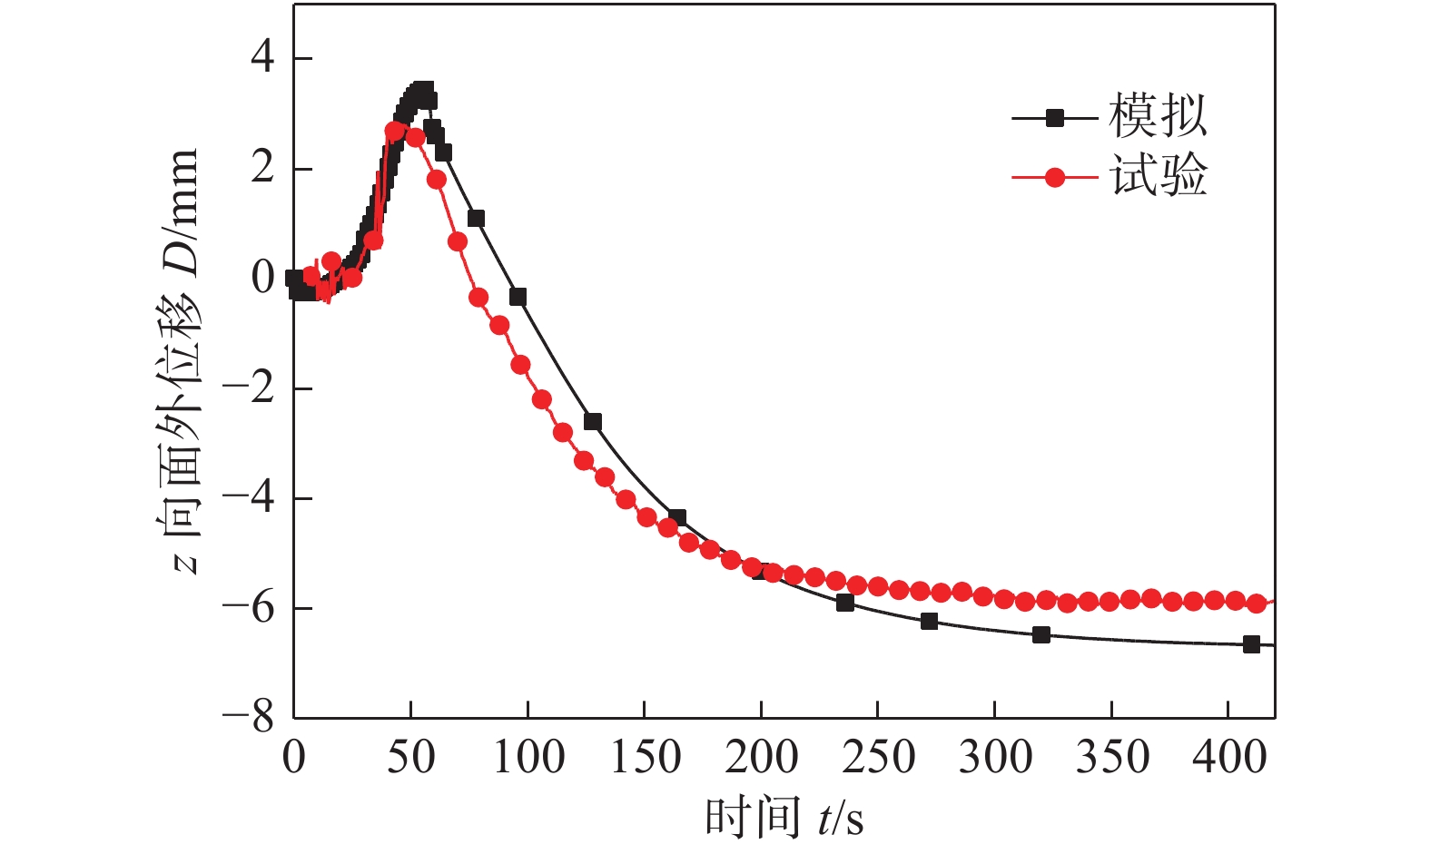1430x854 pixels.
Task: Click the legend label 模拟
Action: pyautogui.click(x=1158, y=116)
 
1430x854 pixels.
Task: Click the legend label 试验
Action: pyautogui.click(x=1158, y=175)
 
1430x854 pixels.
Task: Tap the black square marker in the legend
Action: pyautogui.click(x=1054, y=118)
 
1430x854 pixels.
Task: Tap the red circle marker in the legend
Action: pyautogui.click(x=1054, y=177)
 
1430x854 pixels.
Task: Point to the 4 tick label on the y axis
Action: pyautogui.click(x=262, y=58)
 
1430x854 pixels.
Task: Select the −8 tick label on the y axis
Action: pyautogui.click(x=249, y=717)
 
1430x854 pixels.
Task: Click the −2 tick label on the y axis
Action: pyautogui.click(x=249, y=388)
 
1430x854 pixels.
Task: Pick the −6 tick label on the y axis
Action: pyautogui.click(x=249, y=607)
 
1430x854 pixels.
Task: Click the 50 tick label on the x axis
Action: pyautogui.click(x=410, y=757)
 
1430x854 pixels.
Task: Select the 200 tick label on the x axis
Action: pyautogui.click(x=761, y=757)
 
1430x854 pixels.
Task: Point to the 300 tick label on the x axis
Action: pyautogui.click(x=995, y=757)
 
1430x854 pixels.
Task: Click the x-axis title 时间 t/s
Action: pyautogui.click(x=784, y=818)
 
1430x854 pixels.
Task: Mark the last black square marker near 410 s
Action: pyautogui.click(x=1251, y=644)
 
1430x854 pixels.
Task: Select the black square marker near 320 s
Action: pyautogui.click(x=1041, y=634)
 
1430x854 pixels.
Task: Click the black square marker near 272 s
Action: pyautogui.click(x=929, y=622)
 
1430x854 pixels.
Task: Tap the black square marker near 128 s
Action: pyautogui.click(x=593, y=422)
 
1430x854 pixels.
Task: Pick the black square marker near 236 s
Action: pyautogui.click(x=845, y=603)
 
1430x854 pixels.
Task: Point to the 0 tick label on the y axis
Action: pyautogui.click(x=262, y=278)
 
